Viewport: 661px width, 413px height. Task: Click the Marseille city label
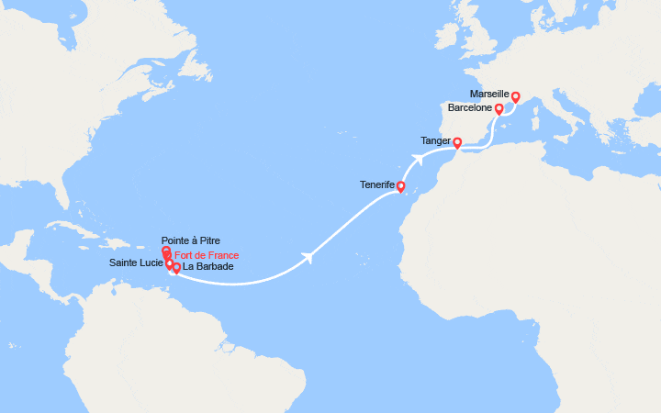point(488,95)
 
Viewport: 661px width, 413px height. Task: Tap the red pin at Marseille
point(516,97)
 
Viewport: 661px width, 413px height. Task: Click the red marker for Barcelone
point(499,109)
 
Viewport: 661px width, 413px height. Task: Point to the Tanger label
point(435,141)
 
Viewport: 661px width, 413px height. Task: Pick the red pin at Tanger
point(457,143)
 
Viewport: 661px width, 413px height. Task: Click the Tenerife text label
point(377,185)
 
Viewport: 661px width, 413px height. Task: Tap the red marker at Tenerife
point(400,187)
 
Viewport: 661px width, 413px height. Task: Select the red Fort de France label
point(207,255)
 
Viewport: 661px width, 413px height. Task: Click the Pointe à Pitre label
point(190,240)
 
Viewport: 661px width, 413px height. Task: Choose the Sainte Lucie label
point(136,263)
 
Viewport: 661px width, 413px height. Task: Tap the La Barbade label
point(207,267)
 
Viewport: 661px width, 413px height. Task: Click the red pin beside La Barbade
point(176,269)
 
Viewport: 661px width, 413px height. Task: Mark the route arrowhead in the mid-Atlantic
point(310,256)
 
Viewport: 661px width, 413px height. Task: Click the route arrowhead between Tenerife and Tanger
point(418,158)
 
